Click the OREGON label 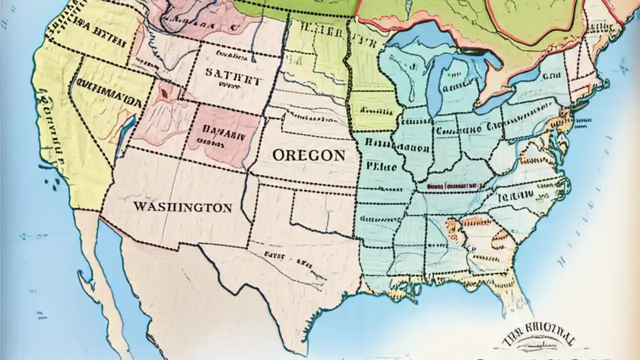(x=309, y=155)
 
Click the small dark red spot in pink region (x=163, y=93)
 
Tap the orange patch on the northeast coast (x=564, y=118)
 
